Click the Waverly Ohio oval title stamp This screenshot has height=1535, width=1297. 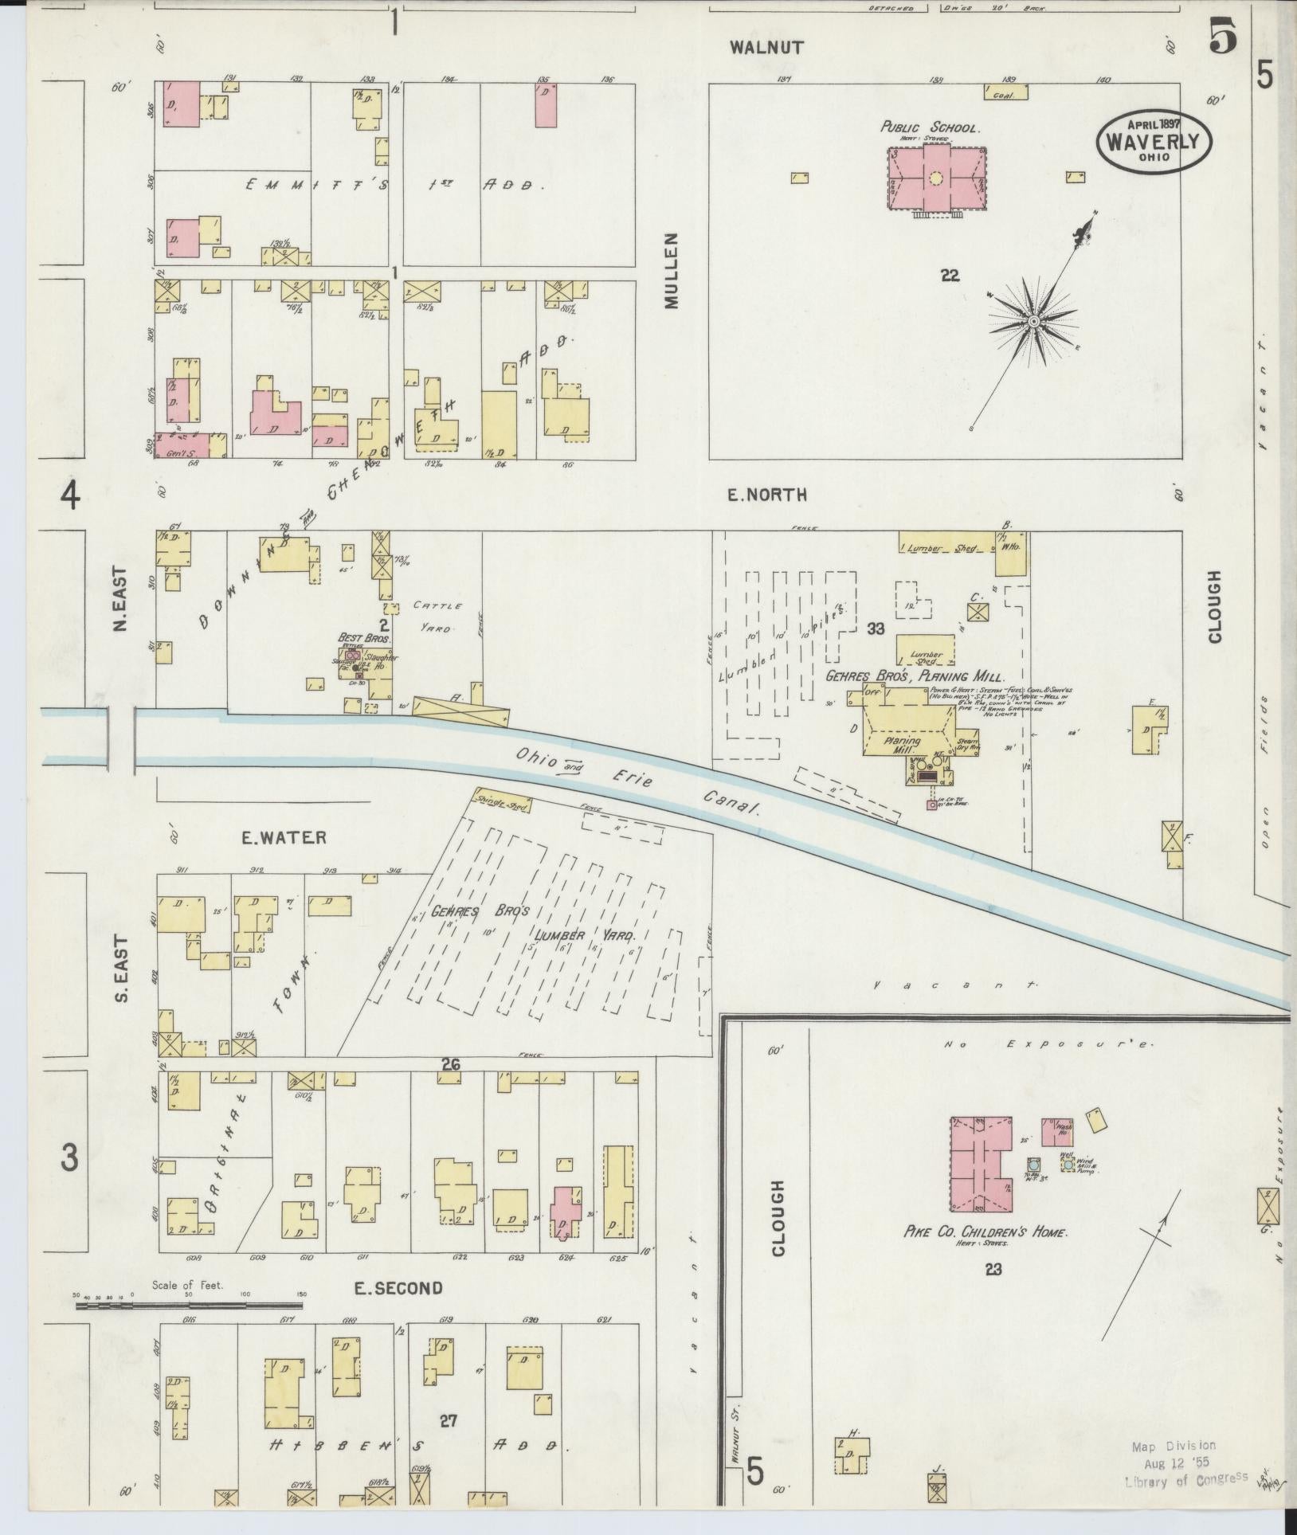[x=1154, y=142]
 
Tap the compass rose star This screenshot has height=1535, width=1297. [x=1033, y=322]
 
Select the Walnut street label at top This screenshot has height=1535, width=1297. [x=766, y=48]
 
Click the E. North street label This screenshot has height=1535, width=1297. [x=766, y=495]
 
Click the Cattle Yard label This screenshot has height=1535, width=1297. [x=433, y=617]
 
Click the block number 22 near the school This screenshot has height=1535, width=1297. [x=949, y=276]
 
